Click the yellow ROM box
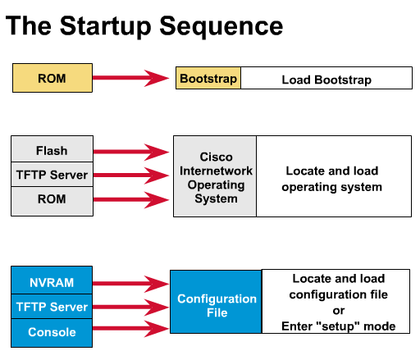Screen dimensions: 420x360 [52, 78]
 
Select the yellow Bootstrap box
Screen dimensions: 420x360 [208, 78]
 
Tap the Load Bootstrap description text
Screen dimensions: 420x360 [326, 80]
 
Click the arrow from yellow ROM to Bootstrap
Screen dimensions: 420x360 [131, 78]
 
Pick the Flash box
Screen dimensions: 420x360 [52, 149]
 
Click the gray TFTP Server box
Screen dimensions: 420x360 [52, 175]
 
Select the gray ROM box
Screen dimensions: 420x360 [52, 202]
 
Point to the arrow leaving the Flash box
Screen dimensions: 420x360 [131, 152]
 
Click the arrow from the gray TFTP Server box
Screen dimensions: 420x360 [131, 175]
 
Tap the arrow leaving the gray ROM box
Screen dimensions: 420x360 [131, 200]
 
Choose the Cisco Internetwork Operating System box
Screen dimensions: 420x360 [215, 176]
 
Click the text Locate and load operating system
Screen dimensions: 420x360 [332, 179]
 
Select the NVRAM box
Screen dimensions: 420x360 [52, 280]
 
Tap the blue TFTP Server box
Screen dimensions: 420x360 [52, 307]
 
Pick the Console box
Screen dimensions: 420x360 [52, 333]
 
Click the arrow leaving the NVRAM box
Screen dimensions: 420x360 [130, 284]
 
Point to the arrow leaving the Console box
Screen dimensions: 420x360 [130, 329]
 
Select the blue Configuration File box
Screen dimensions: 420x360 [216, 302]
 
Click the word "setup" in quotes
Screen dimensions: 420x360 [338, 326]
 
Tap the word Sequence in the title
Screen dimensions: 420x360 [221, 26]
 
